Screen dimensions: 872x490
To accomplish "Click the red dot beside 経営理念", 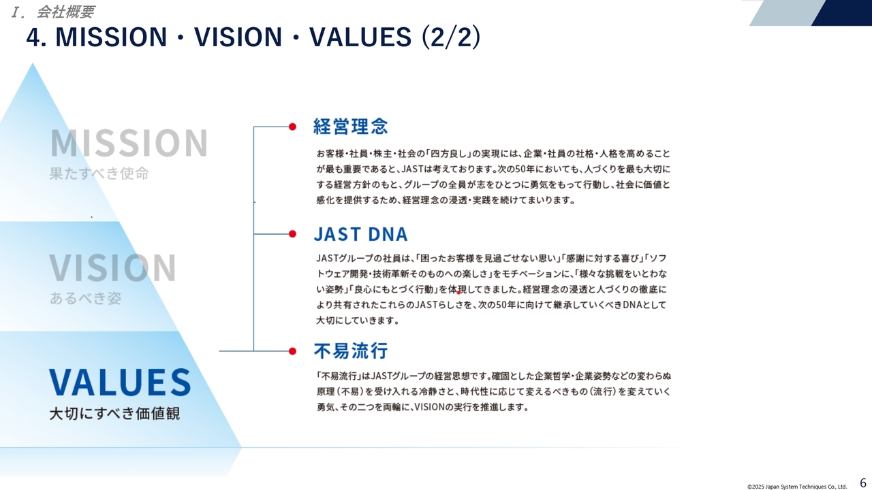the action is pyautogui.click(x=292, y=127).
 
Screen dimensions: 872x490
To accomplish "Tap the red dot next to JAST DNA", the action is pyautogui.click(x=292, y=233).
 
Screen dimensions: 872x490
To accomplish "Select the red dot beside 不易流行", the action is pyautogui.click(x=292, y=351).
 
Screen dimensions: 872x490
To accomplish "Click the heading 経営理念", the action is pyautogui.click(x=350, y=127).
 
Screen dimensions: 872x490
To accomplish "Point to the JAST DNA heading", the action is pyautogui.click(x=361, y=234).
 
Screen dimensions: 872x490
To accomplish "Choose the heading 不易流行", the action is pyautogui.click(x=351, y=350).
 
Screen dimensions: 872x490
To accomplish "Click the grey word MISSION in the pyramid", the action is pyautogui.click(x=129, y=143).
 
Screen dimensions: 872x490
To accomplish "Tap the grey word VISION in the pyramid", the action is pyautogui.click(x=112, y=267).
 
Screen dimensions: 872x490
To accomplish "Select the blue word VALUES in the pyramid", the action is pyautogui.click(x=120, y=382).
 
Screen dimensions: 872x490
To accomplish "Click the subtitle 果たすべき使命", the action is pyautogui.click(x=99, y=174).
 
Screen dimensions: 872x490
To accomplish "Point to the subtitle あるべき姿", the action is pyautogui.click(x=85, y=298).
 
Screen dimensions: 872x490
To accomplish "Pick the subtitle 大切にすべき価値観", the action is pyautogui.click(x=114, y=413).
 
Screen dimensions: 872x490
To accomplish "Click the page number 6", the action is pyautogui.click(x=863, y=483).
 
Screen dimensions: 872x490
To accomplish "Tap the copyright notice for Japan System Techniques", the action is pyautogui.click(x=797, y=487).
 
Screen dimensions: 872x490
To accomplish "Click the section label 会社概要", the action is pyautogui.click(x=65, y=12).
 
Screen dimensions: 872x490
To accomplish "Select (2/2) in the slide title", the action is pyautogui.click(x=451, y=37).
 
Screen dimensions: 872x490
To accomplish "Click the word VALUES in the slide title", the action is pyautogui.click(x=360, y=37).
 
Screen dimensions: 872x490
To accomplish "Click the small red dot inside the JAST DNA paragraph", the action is pyautogui.click(x=458, y=293).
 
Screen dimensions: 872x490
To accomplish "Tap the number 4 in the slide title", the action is pyautogui.click(x=33, y=37).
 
